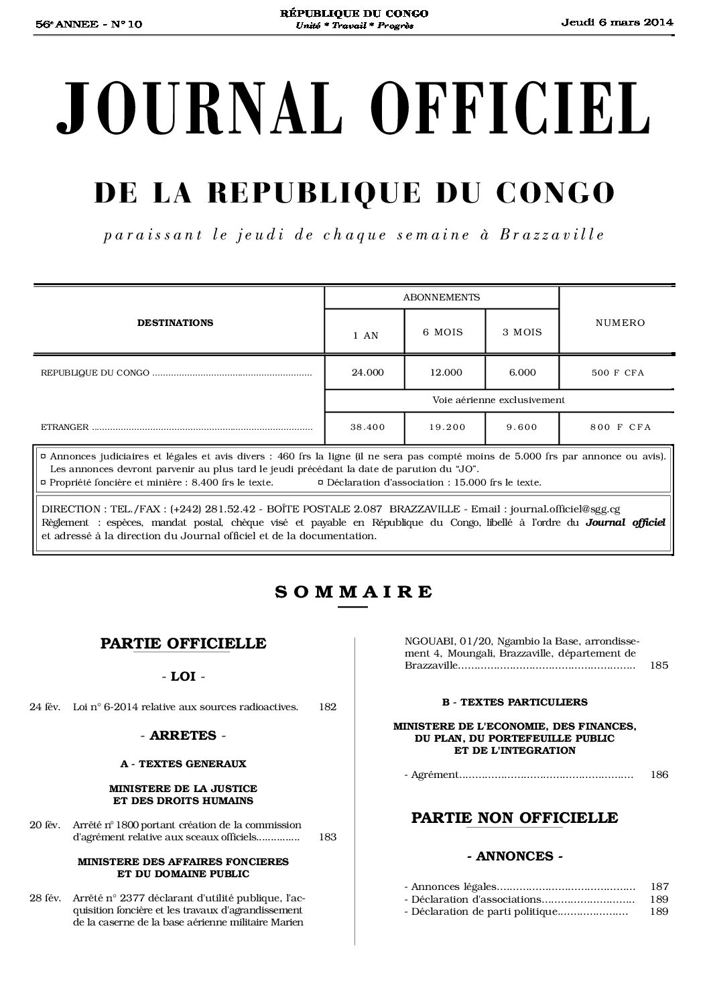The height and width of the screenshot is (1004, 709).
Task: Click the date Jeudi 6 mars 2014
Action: pos(617,22)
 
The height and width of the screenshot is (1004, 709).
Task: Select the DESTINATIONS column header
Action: pos(175,323)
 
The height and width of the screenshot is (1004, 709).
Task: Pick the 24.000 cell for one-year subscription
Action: pos(367,372)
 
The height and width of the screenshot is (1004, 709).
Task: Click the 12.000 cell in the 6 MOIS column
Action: pos(446,372)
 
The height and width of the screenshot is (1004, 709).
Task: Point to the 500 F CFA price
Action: pos(617,373)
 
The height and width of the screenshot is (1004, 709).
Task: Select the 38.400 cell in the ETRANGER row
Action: pos(367,427)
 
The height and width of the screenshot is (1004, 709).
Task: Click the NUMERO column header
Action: pos(620,323)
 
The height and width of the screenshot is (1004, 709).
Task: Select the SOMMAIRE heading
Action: pos(354,592)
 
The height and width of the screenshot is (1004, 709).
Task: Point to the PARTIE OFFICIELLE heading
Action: pos(183,644)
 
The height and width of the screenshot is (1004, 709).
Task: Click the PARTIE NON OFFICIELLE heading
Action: pos(514,818)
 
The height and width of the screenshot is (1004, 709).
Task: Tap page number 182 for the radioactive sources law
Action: pos(328,706)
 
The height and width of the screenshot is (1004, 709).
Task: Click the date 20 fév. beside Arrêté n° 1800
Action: pos(45,824)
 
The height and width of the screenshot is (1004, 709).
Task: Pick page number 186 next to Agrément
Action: pos(659,775)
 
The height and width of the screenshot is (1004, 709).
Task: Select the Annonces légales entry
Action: pos(455,886)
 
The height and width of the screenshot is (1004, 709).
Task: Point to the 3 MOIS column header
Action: pos(522,332)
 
